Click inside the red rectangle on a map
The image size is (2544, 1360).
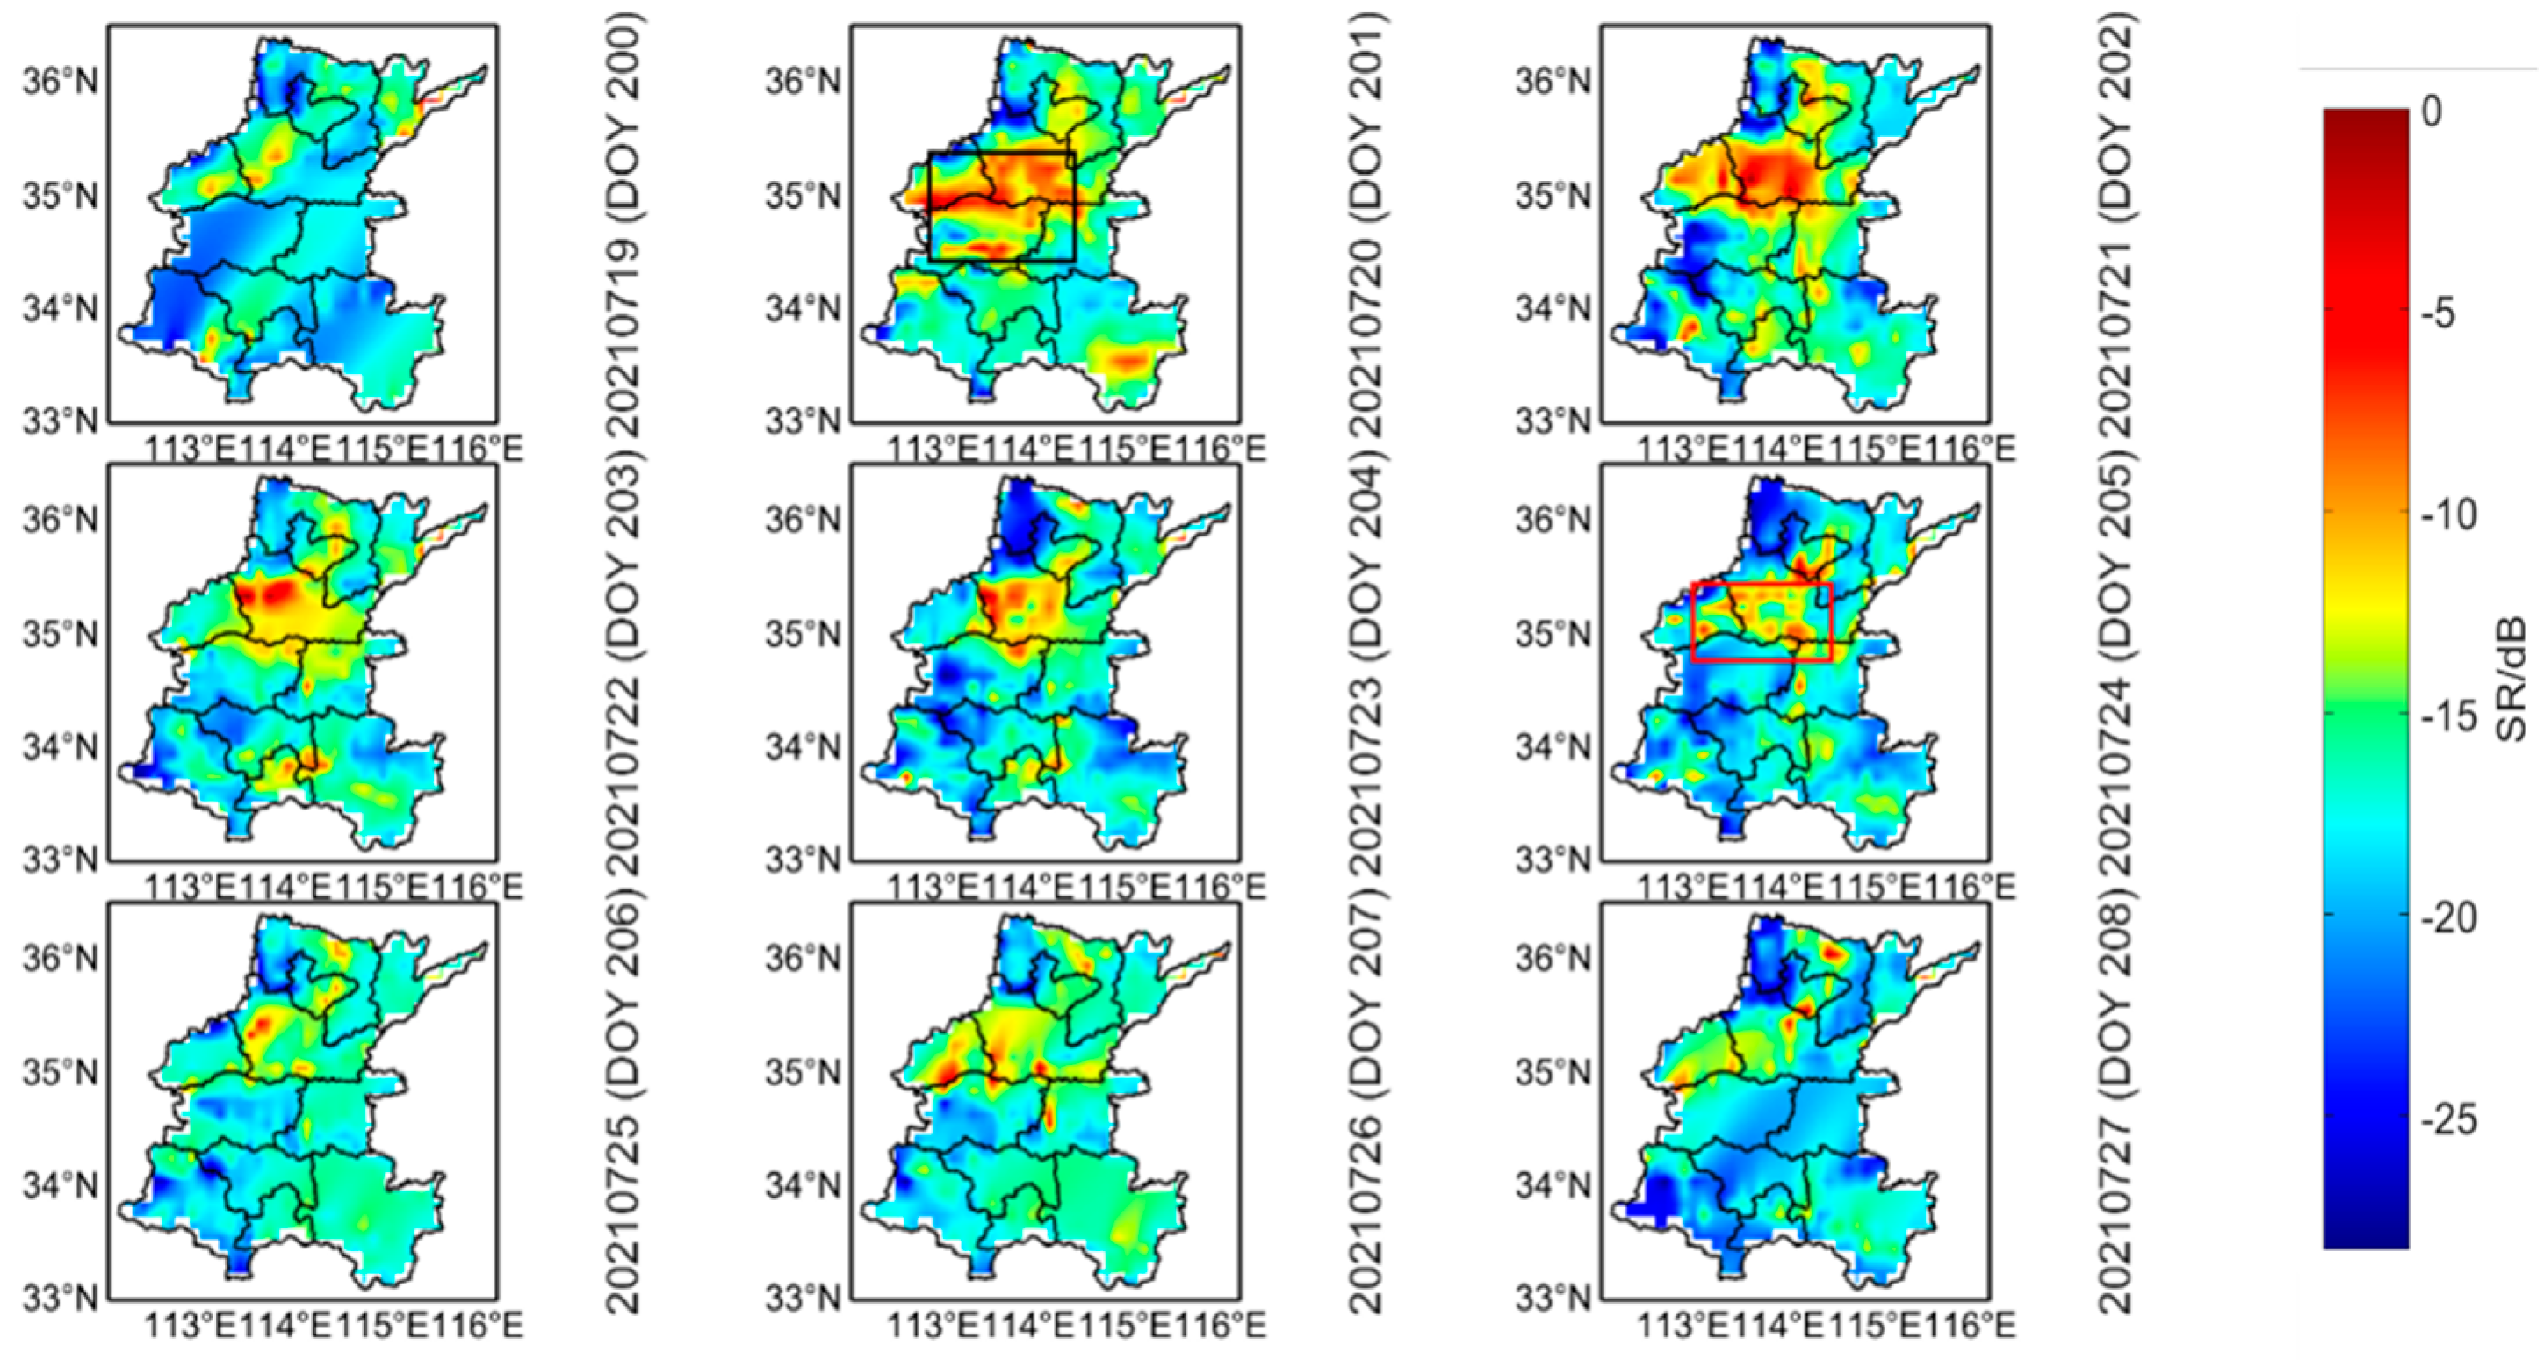click(1762, 622)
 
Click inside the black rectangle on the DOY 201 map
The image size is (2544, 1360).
click(1001, 206)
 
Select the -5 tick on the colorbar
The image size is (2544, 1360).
click(2447, 314)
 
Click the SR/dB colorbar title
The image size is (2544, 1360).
click(2514, 679)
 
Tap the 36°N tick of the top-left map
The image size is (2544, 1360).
click(61, 81)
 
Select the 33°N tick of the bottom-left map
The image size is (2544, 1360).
click(61, 1296)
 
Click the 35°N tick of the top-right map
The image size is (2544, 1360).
click(1554, 197)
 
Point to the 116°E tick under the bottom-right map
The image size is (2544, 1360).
click(1967, 1325)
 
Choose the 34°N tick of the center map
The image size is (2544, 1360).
click(804, 748)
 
